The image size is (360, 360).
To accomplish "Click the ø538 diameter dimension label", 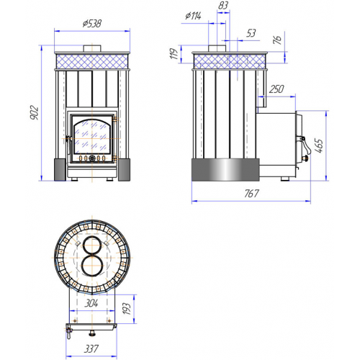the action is tap(92, 24).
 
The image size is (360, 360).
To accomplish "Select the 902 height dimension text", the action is tap(34, 112).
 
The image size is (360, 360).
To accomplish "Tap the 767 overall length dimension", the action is tap(251, 194).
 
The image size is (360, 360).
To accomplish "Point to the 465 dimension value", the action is tap(319, 145).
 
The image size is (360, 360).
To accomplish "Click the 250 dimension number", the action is tap(276, 89).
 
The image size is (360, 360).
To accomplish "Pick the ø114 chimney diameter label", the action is tap(193, 16).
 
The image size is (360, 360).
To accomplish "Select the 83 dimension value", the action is tap(223, 5).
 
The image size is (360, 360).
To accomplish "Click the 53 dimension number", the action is tap(251, 33).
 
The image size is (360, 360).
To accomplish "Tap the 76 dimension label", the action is tap(277, 40).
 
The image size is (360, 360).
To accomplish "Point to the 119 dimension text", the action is tap(174, 53).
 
